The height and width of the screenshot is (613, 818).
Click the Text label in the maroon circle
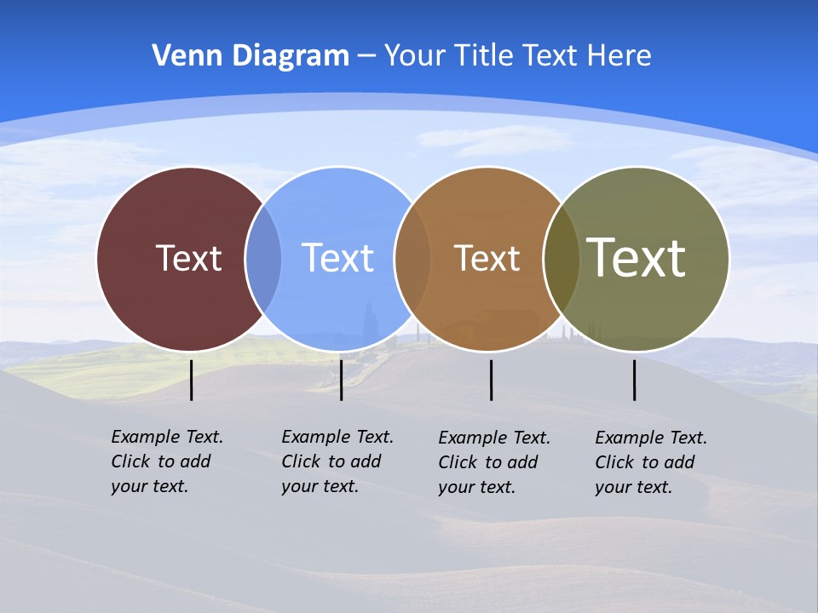pos(188,258)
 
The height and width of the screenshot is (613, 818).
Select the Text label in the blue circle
pos(338,258)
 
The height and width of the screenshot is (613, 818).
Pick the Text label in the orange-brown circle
pos(487,258)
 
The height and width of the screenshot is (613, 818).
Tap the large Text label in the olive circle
pos(637,257)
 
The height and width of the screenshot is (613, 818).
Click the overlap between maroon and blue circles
pos(263,258)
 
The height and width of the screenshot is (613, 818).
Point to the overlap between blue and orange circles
pos(412,258)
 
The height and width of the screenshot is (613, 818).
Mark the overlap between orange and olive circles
pos(562,258)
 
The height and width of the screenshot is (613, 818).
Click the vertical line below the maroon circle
pos(192,380)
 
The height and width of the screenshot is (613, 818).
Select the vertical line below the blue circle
pos(341,380)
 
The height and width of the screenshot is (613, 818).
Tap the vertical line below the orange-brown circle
pos(491,380)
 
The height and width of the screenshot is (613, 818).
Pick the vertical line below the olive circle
pos(635,380)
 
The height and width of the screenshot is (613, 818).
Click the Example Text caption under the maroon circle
pos(166,461)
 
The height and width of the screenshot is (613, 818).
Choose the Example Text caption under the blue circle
pos(337,461)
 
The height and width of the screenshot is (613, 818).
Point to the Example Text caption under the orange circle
pos(493,462)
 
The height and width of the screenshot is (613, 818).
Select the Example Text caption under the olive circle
pos(650,462)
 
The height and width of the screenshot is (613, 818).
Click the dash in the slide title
pos(366,57)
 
